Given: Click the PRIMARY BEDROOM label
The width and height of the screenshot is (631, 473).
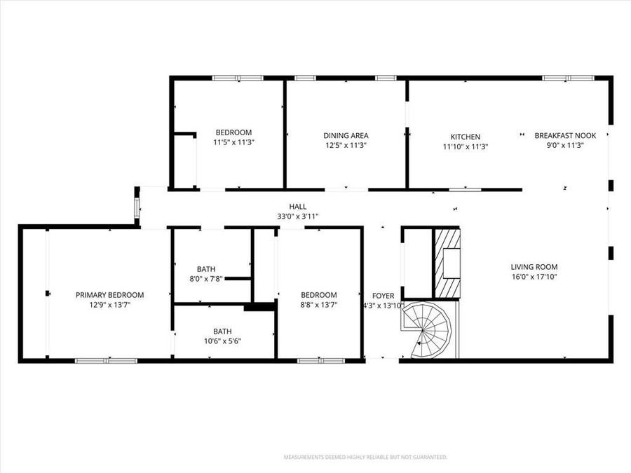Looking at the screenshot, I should pos(110,295).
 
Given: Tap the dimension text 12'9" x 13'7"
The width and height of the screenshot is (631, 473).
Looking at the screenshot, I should pos(110,305).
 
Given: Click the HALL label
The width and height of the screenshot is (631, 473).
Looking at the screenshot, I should pos(298,207).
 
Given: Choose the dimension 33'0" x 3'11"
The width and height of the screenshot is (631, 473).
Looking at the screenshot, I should pos(298,217).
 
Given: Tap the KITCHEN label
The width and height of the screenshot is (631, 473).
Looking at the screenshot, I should pos(465,137).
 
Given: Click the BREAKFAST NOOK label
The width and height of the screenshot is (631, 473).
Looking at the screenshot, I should pos(565,136).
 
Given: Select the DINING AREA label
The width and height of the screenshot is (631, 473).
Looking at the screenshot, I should pos(346,136).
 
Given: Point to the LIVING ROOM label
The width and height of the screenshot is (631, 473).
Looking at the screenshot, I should pos(534,267).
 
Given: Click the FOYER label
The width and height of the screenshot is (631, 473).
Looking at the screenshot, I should pos(383,295).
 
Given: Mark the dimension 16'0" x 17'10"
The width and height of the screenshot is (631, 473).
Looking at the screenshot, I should pos(534,277).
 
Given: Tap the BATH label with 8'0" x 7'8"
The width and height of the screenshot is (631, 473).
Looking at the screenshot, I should pos(206,269).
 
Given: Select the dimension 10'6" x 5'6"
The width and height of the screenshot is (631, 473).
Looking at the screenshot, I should pos(223,341).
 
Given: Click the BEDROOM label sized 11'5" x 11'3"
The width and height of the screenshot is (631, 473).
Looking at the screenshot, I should pos(233,132).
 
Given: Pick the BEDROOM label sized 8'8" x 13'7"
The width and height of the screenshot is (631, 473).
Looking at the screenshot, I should pos(319,295).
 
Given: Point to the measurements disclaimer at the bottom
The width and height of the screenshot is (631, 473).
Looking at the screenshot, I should pos(365,457).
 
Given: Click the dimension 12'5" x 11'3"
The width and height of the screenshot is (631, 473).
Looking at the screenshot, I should pos(346,146).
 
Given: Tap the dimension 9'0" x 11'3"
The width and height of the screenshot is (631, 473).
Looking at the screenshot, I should pos(565,146).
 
